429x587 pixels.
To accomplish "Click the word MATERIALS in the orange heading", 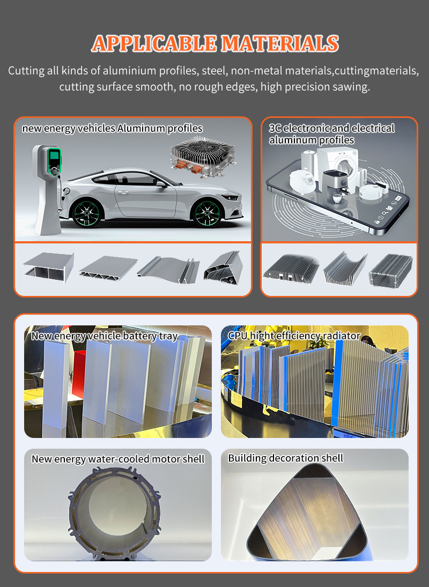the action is (279, 43).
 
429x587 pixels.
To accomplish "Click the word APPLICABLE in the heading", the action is (154, 43).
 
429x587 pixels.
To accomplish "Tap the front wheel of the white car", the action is (207, 213).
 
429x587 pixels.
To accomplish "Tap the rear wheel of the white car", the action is (86, 213).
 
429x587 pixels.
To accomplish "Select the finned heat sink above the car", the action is (203, 156).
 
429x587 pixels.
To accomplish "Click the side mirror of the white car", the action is (161, 184).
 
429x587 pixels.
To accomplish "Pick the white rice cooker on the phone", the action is (303, 181).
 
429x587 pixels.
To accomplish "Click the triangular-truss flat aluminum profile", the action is (108, 268).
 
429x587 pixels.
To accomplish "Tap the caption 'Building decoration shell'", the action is (285, 458).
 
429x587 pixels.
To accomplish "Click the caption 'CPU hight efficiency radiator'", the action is (294, 336).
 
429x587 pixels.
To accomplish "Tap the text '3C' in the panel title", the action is (275, 128).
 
